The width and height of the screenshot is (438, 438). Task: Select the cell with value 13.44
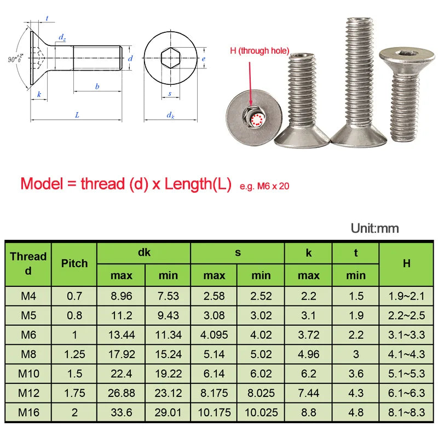(x=122, y=335)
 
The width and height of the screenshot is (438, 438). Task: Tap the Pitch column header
(x=74, y=263)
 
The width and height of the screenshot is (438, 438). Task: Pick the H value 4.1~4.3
(x=406, y=354)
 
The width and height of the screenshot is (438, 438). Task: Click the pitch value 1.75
(x=74, y=393)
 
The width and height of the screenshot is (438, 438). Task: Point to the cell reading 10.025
(x=261, y=413)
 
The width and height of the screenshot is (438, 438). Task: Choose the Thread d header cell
(x=28, y=263)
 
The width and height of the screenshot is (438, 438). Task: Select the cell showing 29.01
(x=168, y=413)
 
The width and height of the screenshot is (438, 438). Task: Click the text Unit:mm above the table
(x=374, y=228)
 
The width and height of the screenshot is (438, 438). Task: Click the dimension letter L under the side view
(x=77, y=115)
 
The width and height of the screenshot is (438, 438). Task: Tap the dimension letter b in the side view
(x=97, y=86)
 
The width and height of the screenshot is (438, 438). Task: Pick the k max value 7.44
(x=308, y=393)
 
